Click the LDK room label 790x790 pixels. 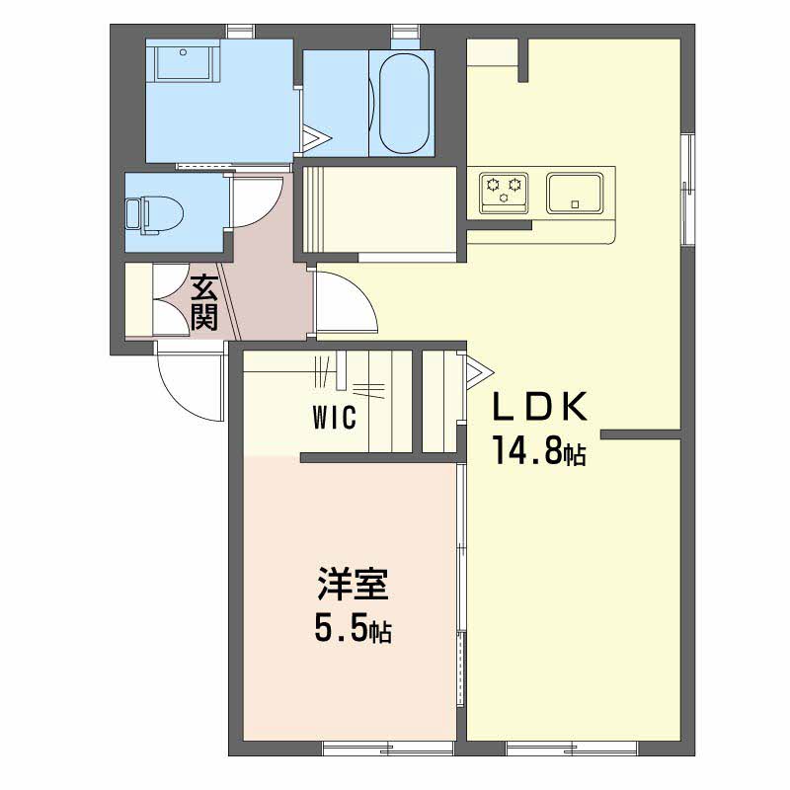[539, 407]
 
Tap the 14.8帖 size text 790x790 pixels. [539, 451]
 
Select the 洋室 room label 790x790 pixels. [353, 584]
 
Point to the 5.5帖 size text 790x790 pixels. [353, 629]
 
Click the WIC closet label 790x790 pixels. [334, 417]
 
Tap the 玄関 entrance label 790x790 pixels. [204, 302]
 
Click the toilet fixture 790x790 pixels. [154, 215]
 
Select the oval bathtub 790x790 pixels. [404, 104]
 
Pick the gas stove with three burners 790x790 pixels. [504, 193]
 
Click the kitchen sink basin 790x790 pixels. [575, 193]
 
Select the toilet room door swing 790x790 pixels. [255, 200]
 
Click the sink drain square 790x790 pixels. [575, 204]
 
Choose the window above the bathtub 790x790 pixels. [405, 37]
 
